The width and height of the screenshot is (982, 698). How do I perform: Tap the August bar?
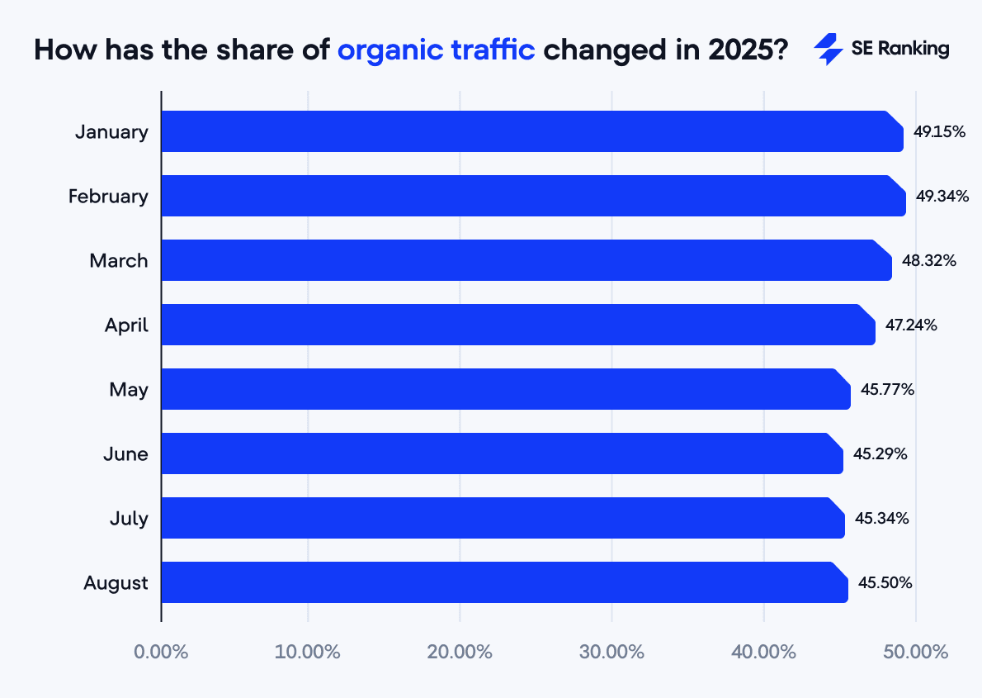tap(504, 582)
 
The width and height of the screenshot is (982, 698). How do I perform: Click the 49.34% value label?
tap(942, 196)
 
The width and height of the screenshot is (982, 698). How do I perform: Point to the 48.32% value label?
tap(929, 260)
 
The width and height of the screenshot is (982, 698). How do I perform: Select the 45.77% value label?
tap(887, 389)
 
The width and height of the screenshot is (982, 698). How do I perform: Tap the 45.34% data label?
tap(882, 518)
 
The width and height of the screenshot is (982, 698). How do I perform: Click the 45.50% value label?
tap(885, 582)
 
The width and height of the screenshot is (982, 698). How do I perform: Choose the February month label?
tap(108, 197)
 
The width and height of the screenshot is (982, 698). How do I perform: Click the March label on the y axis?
tap(119, 261)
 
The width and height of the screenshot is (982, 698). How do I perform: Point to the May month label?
tap(129, 390)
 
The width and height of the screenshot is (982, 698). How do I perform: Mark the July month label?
tap(129, 519)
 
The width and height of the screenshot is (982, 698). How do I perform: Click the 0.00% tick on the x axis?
tap(161, 652)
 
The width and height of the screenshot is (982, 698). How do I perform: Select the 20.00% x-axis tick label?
tap(460, 652)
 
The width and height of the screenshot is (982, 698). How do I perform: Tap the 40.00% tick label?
tap(764, 652)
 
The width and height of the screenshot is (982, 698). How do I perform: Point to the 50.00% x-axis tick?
tap(916, 652)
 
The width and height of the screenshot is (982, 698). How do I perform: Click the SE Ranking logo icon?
tap(828, 50)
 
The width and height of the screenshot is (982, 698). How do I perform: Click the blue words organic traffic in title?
tap(437, 50)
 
